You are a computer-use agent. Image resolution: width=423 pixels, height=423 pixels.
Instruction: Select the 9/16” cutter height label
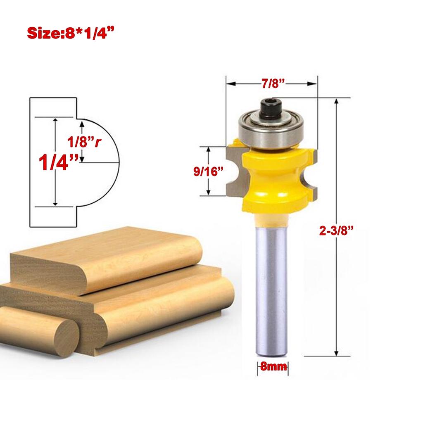(208, 171)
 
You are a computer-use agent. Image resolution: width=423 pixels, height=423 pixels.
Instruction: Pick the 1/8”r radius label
(84, 142)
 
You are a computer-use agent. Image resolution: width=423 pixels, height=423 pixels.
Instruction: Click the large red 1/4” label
(58, 162)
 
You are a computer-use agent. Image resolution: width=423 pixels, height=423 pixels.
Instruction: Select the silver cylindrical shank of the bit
(271, 289)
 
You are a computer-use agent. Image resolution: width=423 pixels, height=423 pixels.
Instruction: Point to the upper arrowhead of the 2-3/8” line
(337, 102)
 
